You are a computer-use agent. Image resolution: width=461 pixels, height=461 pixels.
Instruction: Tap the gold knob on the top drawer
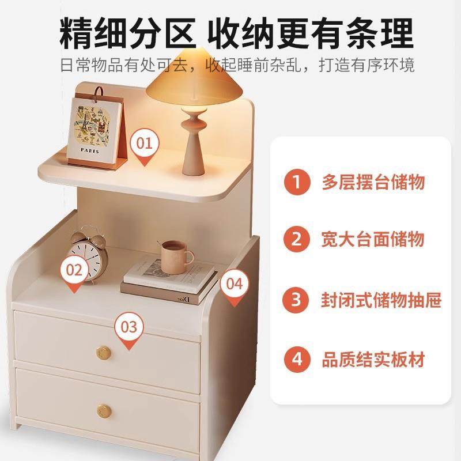104,351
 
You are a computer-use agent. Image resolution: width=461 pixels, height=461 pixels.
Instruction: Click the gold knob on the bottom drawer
104,411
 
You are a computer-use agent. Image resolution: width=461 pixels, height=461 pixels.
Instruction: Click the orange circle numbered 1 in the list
297,183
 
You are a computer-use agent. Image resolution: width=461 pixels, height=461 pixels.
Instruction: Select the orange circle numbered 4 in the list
297,360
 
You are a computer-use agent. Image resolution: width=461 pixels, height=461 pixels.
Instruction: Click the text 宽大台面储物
373,239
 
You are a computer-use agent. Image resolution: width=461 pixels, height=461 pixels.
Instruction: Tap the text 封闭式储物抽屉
381,300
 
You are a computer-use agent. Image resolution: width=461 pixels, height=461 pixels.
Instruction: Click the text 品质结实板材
373,360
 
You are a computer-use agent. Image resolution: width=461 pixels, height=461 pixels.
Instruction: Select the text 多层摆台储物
373,183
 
